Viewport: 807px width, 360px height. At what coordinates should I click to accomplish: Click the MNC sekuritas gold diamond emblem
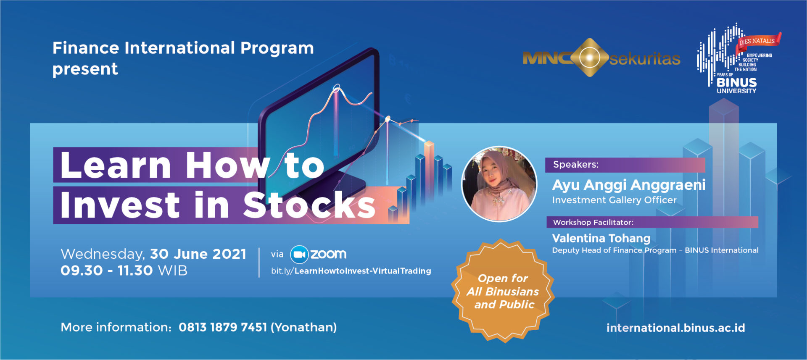(x=590, y=58)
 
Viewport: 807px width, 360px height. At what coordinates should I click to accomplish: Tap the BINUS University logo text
(x=736, y=85)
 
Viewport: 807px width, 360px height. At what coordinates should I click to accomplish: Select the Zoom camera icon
(x=299, y=254)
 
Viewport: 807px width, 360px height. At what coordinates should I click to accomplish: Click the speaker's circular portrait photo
(x=499, y=184)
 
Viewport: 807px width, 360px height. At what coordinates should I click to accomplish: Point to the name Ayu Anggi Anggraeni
(x=629, y=185)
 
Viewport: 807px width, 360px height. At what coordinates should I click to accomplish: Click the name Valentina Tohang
(x=601, y=238)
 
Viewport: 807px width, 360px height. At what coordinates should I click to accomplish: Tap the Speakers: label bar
(x=625, y=165)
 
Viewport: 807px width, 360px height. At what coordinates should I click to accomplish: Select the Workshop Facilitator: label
(x=593, y=222)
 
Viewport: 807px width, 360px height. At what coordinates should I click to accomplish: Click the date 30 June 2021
(x=198, y=254)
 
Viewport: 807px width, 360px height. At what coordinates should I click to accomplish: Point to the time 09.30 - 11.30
(x=107, y=270)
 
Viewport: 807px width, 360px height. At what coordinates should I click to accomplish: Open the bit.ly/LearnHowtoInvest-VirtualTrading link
(x=351, y=271)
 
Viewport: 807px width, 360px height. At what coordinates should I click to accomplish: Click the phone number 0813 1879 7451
(x=223, y=327)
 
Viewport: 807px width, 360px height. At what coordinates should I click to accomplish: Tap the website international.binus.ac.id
(x=675, y=328)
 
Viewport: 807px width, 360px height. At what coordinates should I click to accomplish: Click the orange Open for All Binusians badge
(x=503, y=291)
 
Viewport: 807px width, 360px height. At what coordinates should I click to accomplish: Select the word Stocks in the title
(x=309, y=205)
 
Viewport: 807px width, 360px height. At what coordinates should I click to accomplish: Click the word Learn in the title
(x=116, y=165)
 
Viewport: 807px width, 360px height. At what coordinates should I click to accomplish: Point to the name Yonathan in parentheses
(x=304, y=327)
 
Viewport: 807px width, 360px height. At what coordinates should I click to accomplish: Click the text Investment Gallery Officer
(x=614, y=200)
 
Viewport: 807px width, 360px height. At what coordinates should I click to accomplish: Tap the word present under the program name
(x=85, y=69)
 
